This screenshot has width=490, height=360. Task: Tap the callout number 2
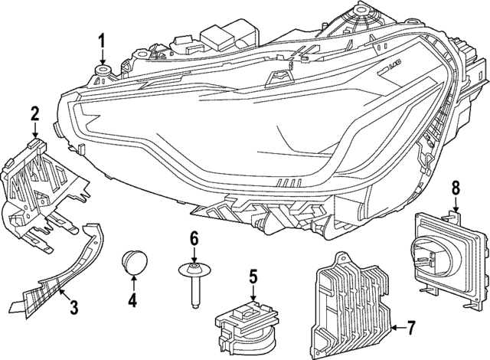pyautogui.click(x=34, y=115)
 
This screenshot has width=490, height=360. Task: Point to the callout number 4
pyautogui.click(x=132, y=301)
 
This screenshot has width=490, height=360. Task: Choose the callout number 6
pyautogui.click(x=194, y=238)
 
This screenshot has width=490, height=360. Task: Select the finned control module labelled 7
pyautogui.click(x=352, y=299)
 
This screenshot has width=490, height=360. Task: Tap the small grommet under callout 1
pyautogui.click(x=102, y=74)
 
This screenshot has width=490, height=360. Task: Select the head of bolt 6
pyautogui.click(x=194, y=267)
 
